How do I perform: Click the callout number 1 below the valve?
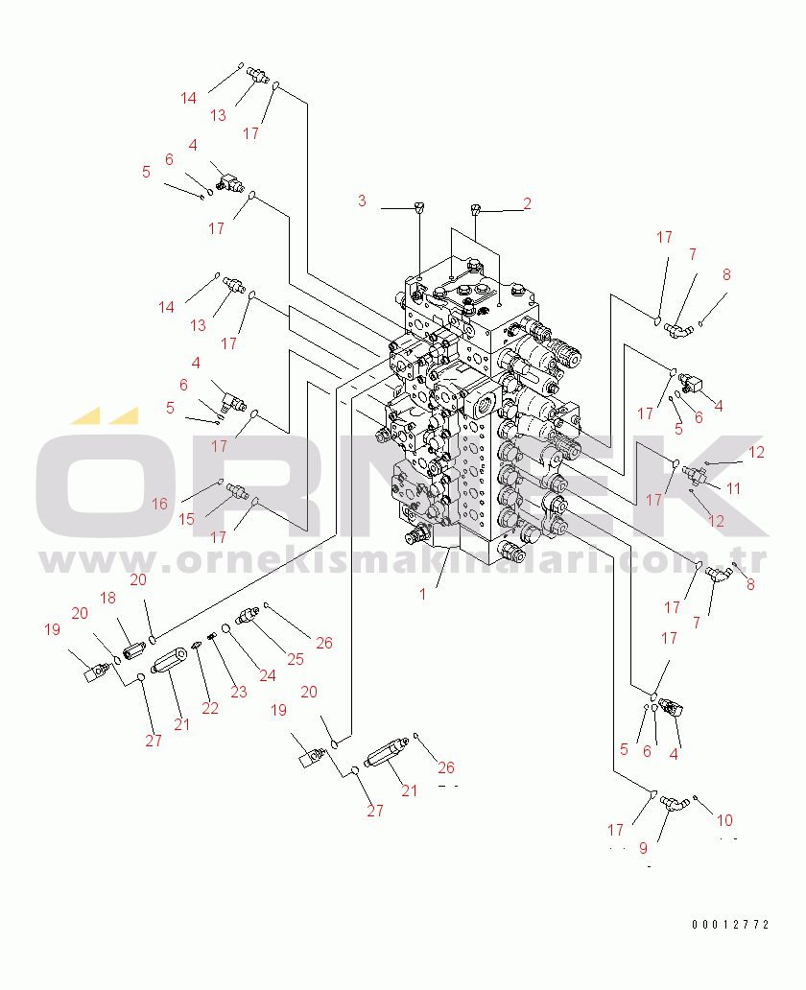coord(422,594)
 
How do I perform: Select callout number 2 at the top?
coord(527,203)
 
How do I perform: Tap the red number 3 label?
coord(362,200)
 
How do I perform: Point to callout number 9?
coord(643,848)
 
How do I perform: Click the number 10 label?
coord(724,820)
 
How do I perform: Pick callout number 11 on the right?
coord(733,488)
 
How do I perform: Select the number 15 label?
coord(187,519)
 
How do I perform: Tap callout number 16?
coord(159,504)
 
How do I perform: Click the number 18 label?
coord(107,598)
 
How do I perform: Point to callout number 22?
coord(210,708)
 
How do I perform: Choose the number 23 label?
coord(238,691)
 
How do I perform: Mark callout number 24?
coord(267,674)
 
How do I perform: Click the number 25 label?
coord(295,659)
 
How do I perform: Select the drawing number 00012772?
coord(730,925)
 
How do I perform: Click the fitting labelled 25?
coord(249,613)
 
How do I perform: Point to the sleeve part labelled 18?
coord(132,649)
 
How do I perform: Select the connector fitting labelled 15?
coord(236,491)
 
